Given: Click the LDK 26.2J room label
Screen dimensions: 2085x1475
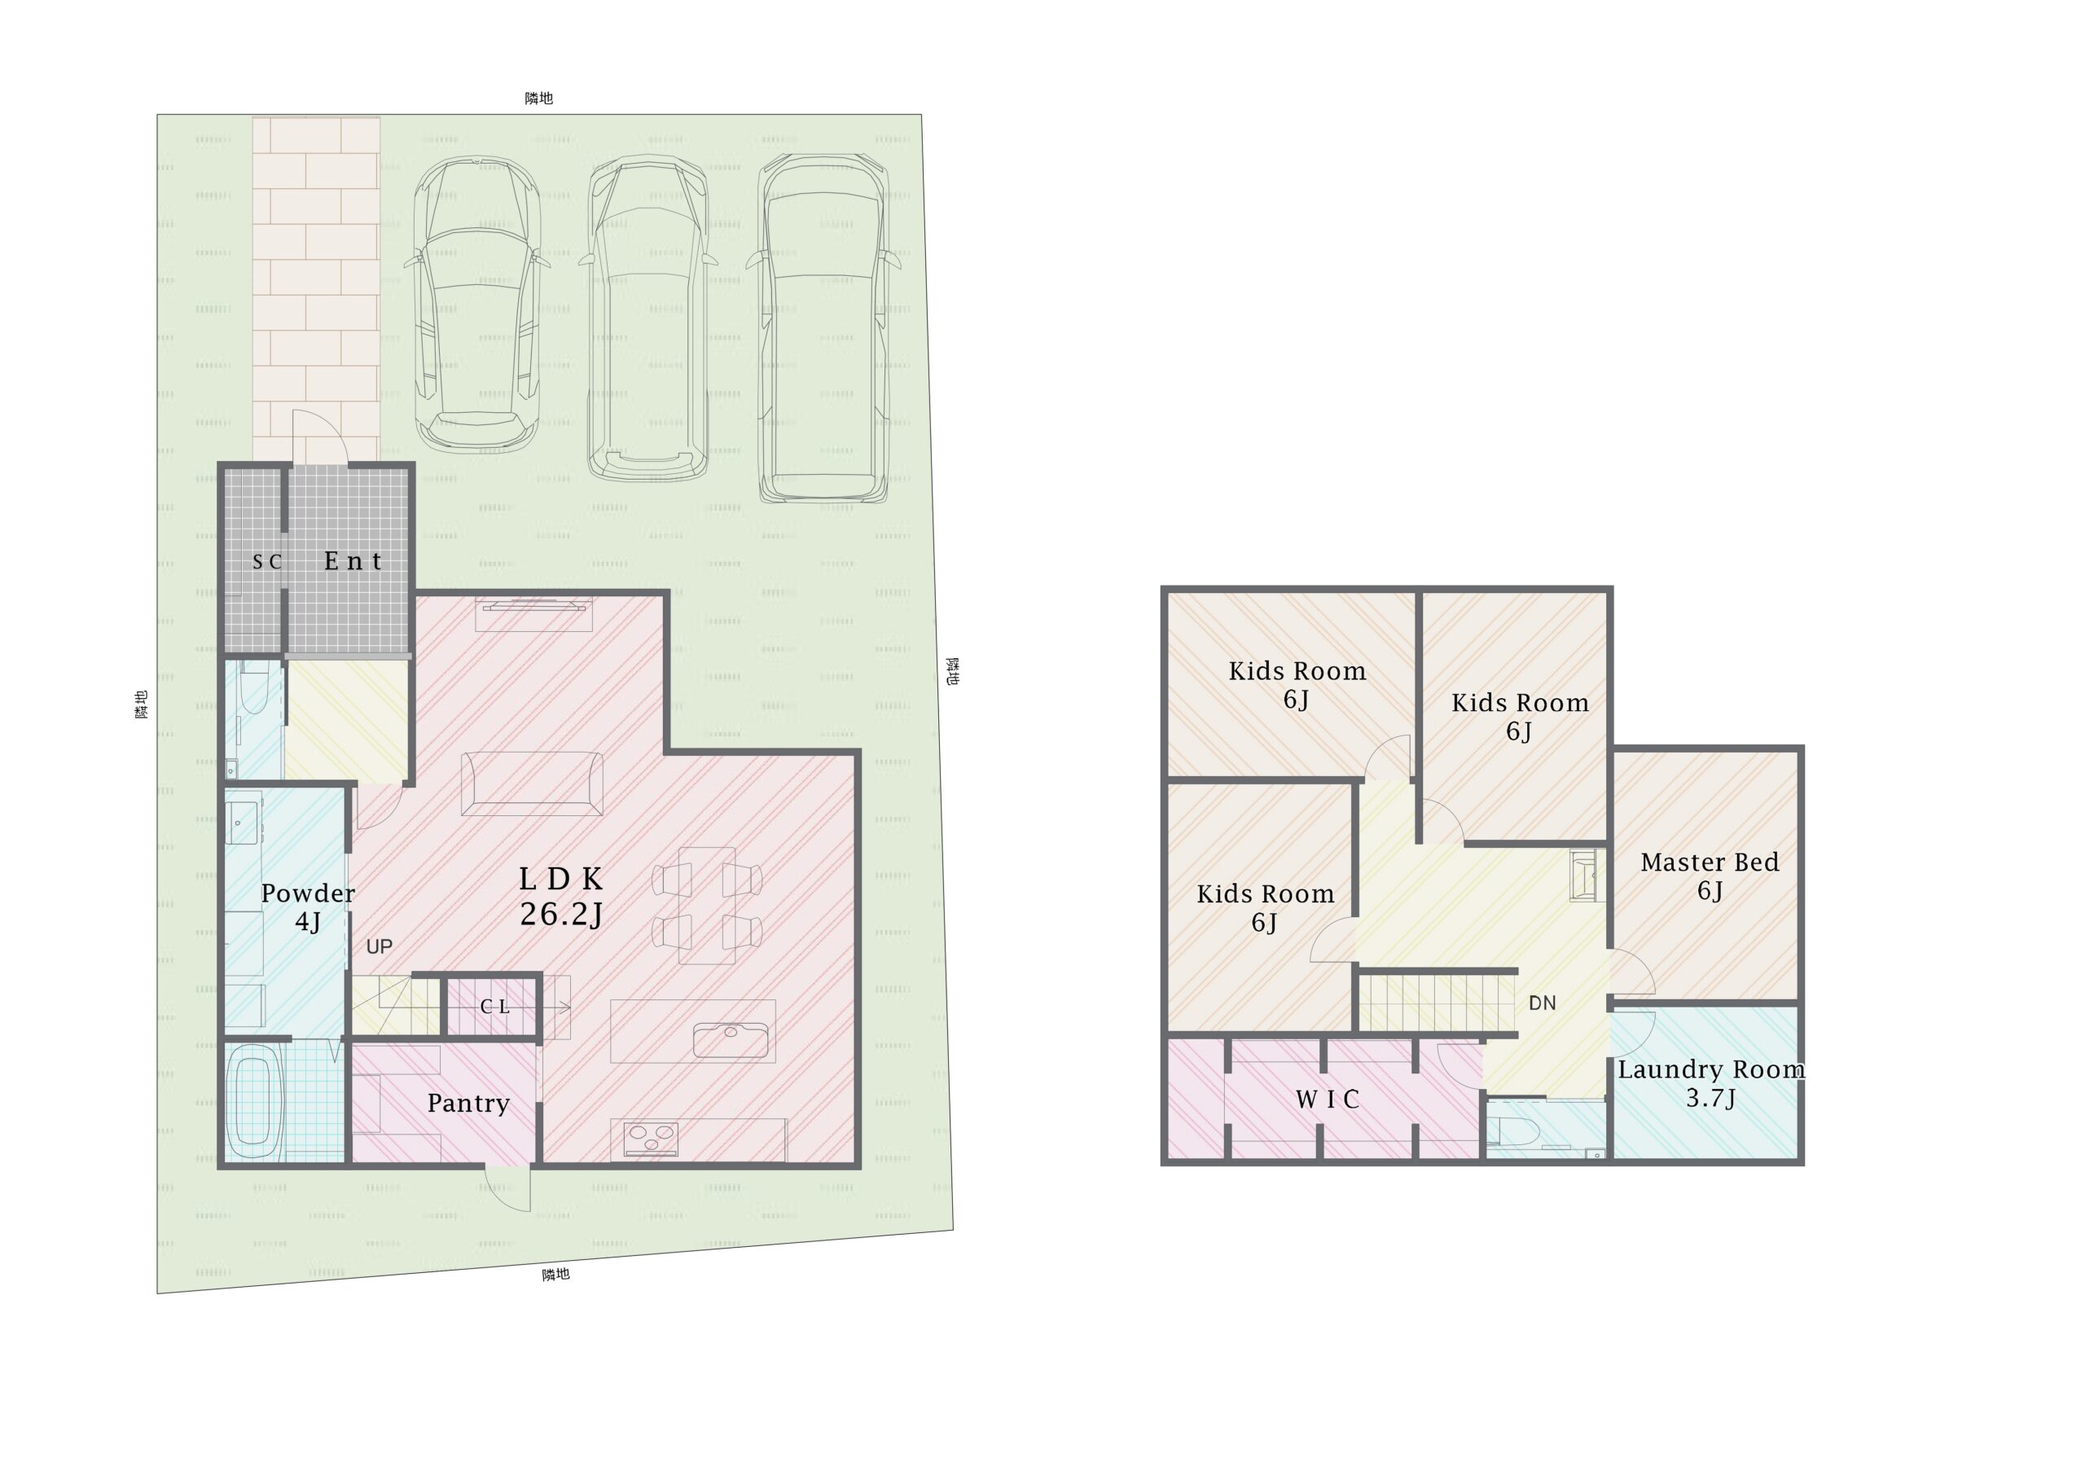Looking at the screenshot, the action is pos(561,897).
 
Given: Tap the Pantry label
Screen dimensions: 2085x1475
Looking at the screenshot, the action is pos(467,1104).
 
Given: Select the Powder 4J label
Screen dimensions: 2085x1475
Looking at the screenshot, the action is pos(308,907).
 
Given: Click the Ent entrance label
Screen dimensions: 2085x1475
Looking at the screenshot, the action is pos(353,561).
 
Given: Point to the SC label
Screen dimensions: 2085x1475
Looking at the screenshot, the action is pos(267,562).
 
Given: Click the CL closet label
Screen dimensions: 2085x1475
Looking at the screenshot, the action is pos(495,1007).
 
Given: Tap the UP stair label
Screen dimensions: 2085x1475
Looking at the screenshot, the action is pos(380,946).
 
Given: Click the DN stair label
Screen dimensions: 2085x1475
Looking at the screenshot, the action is pos(1542,1003).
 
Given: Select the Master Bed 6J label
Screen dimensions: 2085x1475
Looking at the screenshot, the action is pos(1710,876).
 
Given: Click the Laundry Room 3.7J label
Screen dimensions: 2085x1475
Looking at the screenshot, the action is pos(1711,1083).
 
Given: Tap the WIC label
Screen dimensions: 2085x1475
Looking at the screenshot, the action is pos(1327,1100).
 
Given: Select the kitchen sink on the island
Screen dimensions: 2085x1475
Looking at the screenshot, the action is pos(731,1039).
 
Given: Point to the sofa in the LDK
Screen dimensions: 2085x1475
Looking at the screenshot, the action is pos(532,783).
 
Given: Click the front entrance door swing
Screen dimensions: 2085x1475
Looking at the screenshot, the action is pos(319,438).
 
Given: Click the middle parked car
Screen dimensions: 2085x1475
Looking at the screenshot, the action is pos(647,317).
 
